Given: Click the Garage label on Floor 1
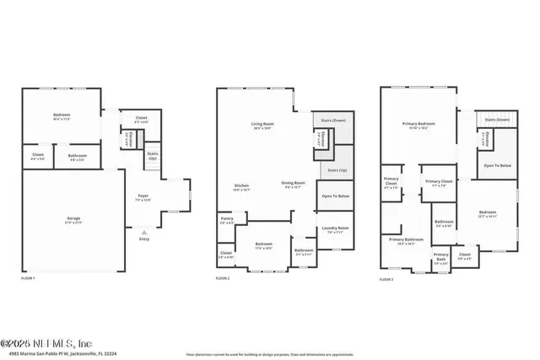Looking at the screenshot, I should pos(74,219).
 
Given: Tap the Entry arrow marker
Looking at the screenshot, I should pos(144,232).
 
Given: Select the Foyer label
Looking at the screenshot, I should pos(143,196).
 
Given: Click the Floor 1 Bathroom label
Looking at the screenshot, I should pos(77,156).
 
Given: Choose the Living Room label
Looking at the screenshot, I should pos(262,126).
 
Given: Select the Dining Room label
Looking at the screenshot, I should pos(293,184).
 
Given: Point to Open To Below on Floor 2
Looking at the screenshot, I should pos(334,197).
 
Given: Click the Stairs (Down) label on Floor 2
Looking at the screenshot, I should pos(332,121).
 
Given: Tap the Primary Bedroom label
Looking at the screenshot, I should pos(417,126).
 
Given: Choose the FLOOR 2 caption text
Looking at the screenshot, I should pos(223,278).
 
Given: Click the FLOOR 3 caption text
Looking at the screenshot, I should pos(387,278).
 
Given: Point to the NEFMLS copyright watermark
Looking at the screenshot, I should pos(47,344).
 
